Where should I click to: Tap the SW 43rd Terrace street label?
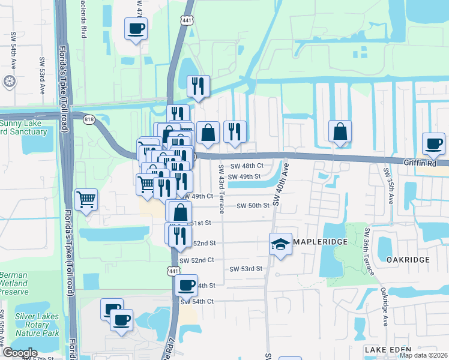[x=221, y=189]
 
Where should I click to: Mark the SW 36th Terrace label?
[x=367, y=254]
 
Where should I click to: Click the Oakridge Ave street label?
[x=384, y=306]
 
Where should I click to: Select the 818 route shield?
[x=89, y=119]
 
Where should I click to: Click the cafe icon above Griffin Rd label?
[x=434, y=143]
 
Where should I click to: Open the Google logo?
[x=20, y=352]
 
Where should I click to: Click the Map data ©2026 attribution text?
[x=424, y=355]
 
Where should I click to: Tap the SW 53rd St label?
[x=247, y=269]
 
